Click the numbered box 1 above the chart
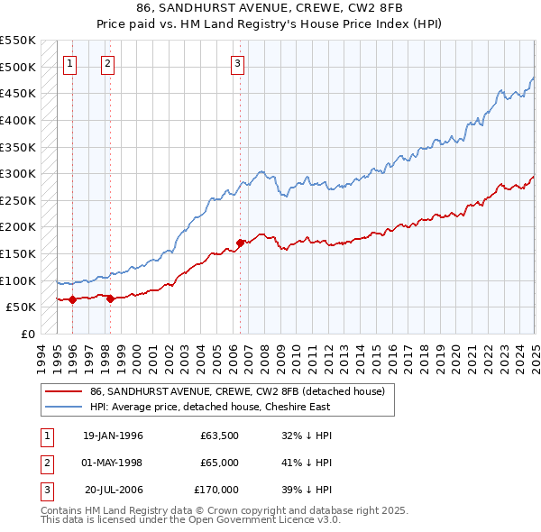pyautogui.click(x=70, y=63)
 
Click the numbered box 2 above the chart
pyautogui.click(x=107, y=63)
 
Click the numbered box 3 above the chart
pyautogui.click(x=237, y=63)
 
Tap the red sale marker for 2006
pyautogui.click(x=240, y=243)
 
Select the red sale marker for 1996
pyautogui.click(x=73, y=299)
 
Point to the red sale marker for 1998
pyautogui.click(x=110, y=298)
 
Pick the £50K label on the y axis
pyautogui.click(x=21, y=307)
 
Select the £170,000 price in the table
pyautogui.click(x=216, y=490)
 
